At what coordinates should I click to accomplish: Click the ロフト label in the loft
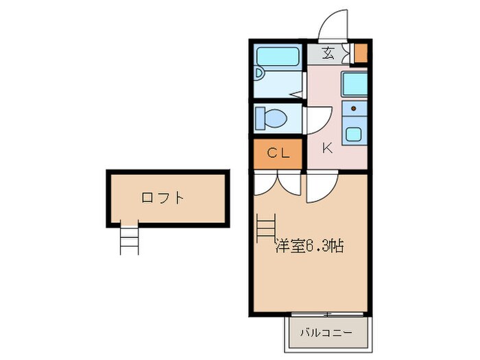(x=163, y=198)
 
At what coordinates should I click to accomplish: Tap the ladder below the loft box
(x=129, y=239)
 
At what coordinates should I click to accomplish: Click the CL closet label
(x=278, y=154)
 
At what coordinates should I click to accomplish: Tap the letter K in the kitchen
(x=327, y=146)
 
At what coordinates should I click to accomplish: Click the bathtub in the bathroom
(x=278, y=56)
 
